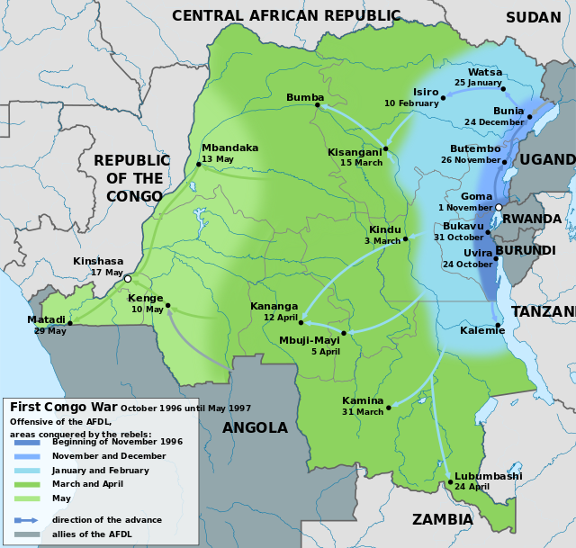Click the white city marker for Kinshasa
pos(128,279)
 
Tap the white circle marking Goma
pos(499,208)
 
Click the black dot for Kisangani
pos(385,148)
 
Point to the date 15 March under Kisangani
pos(361,163)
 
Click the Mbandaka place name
pos(229,148)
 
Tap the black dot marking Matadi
pos(69,324)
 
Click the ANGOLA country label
pos(255,428)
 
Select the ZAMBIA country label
pos(442,519)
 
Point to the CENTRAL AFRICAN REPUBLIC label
pos(286,15)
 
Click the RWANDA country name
pos(532,219)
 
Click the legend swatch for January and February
pos(28,470)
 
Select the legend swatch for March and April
pos(28,484)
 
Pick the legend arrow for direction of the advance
pos(28,520)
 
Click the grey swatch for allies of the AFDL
pos(28,534)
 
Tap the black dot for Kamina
pos(389,408)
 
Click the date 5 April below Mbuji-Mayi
pos(325,352)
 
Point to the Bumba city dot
pos(318,105)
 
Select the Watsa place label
pos(485,72)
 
